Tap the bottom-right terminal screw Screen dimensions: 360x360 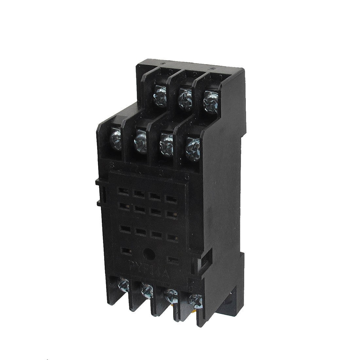pos(196,299)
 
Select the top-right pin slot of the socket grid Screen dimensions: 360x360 pos(170,198)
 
